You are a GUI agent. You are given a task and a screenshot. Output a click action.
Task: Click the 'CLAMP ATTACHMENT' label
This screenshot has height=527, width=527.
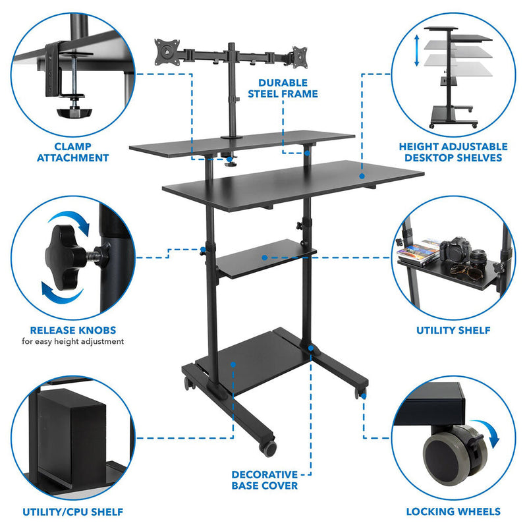click(x=72, y=152)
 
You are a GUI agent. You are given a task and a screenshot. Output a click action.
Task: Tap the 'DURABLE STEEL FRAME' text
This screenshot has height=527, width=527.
click(x=283, y=88)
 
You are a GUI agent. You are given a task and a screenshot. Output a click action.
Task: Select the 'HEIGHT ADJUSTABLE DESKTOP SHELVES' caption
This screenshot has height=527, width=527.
click(x=453, y=152)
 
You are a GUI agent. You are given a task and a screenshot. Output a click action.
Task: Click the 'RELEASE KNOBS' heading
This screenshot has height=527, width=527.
click(x=73, y=330)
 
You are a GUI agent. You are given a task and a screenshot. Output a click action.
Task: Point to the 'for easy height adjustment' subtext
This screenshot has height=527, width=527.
click(x=73, y=342)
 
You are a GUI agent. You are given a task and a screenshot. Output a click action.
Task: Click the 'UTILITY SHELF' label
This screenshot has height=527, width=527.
click(x=454, y=330)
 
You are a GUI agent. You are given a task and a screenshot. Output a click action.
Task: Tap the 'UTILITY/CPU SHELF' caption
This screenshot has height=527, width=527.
click(x=73, y=511)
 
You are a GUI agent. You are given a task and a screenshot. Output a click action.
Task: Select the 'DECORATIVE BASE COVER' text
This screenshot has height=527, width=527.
click(x=264, y=480)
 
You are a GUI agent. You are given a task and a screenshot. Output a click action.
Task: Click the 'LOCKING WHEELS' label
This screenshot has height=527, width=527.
click(x=454, y=511)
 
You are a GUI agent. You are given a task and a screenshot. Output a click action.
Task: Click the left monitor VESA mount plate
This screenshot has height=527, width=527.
click(x=167, y=52)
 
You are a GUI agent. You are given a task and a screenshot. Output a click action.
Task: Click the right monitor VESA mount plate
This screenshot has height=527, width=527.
click(x=298, y=55)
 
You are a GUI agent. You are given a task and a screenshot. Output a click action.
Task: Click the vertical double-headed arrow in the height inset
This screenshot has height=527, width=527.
click(x=416, y=52)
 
